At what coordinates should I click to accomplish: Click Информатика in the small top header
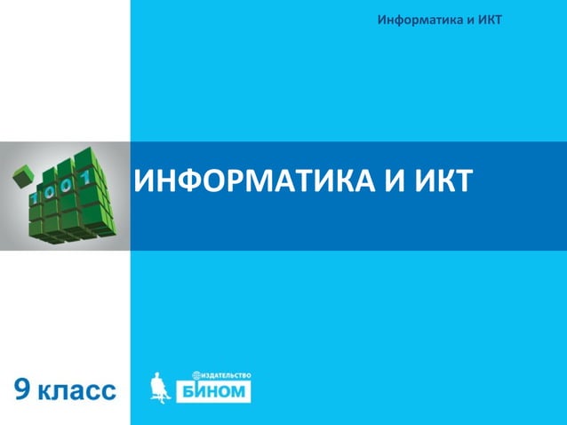coord(414,20)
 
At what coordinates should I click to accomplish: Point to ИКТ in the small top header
coord(490,20)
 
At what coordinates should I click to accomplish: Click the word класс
coord(77,390)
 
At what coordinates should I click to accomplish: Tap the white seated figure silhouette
coord(160,387)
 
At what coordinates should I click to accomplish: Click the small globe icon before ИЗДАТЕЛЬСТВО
coord(196,375)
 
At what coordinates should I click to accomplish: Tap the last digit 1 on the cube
coord(86,180)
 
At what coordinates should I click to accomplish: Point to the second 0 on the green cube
coord(69,185)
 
